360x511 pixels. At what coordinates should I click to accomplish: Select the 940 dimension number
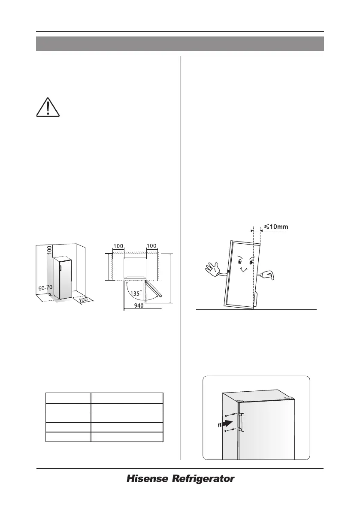(x=139, y=306)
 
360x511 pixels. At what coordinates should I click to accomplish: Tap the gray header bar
(x=180, y=44)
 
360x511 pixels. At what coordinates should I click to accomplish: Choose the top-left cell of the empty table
(x=68, y=397)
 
